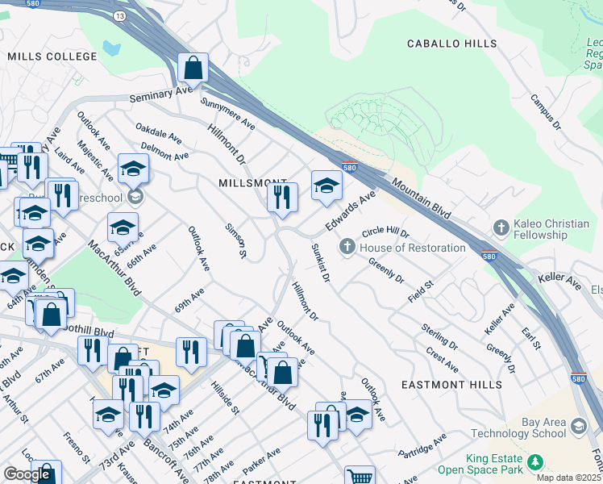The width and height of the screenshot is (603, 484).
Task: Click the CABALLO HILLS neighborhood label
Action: tap(451, 44)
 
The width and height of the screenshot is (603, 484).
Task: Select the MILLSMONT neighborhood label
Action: tap(253, 184)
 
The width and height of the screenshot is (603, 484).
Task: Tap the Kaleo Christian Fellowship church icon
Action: tap(501, 227)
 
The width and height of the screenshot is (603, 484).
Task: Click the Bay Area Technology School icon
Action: tap(577, 425)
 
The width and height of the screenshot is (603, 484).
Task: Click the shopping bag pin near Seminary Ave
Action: tap(193, 69)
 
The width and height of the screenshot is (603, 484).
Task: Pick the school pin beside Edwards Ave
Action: tap(326, 186)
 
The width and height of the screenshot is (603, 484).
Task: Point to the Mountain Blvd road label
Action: tap(420, 198)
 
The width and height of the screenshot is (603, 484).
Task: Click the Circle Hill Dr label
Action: tap(385, 233)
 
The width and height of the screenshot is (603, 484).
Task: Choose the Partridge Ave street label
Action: tap(422, 447)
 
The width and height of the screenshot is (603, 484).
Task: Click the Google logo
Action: tap(27, 474)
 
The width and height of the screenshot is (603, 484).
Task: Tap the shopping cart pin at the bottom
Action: tap(360, 477)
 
